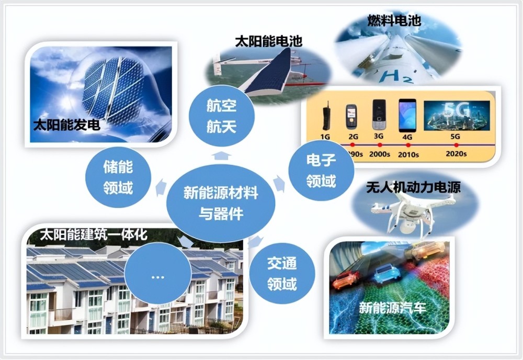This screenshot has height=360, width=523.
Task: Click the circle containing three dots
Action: coord(157,276)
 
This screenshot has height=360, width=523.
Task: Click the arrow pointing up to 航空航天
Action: coord(221,154)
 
